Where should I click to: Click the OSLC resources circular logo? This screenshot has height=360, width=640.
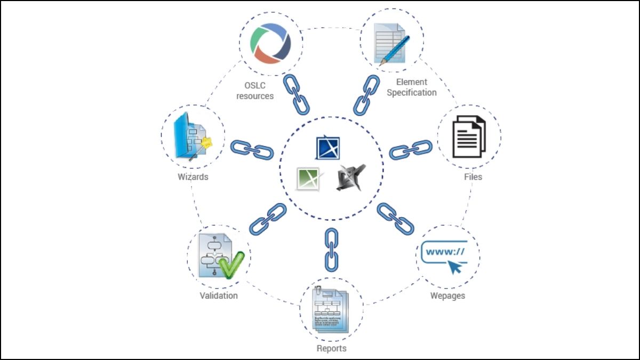coord(271,42)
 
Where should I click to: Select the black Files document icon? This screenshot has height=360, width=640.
coord(469,137)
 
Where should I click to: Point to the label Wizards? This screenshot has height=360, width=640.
coord(193,177)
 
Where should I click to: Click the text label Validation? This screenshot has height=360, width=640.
coord(219,295)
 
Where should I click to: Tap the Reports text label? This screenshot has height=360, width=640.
coord(331,348)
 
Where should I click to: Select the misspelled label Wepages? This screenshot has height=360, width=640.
coord(447,295)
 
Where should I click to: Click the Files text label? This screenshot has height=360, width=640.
coord(473,177)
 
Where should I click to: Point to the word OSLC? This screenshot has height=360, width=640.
coord(255,85)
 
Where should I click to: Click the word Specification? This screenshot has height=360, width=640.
coord(411,93)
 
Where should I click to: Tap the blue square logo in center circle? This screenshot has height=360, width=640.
coord(328,148)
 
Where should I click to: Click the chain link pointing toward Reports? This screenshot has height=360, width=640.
coord(332,249)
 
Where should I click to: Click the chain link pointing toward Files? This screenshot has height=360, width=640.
coord(411,150)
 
